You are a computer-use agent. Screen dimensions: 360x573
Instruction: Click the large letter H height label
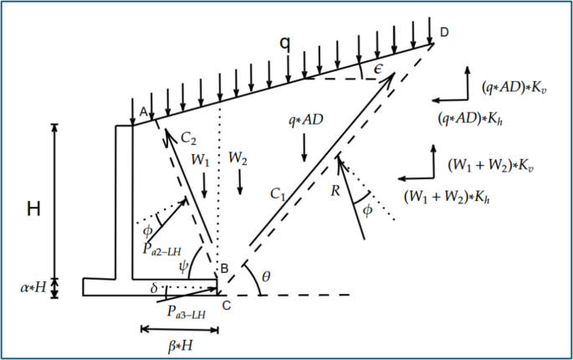(x=33, y=208)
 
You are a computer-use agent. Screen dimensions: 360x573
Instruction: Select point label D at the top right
(x=444, y=31)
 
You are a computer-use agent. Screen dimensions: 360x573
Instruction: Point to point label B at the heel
(x=224, y=269)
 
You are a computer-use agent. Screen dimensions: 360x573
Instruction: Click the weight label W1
(x=202, y=158)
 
